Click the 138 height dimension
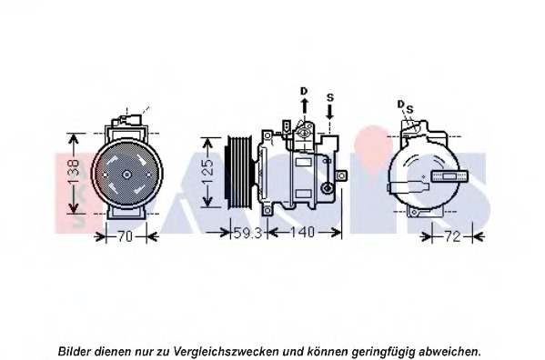[x=76, y=170]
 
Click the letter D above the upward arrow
[x=304, y=91]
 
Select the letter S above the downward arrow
[x=329, y=96]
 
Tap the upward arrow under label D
[x=304, y=108]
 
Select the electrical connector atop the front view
[x=126, y=121]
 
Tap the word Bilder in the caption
[x=76, y=350]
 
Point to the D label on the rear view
[x=399, y=105]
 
